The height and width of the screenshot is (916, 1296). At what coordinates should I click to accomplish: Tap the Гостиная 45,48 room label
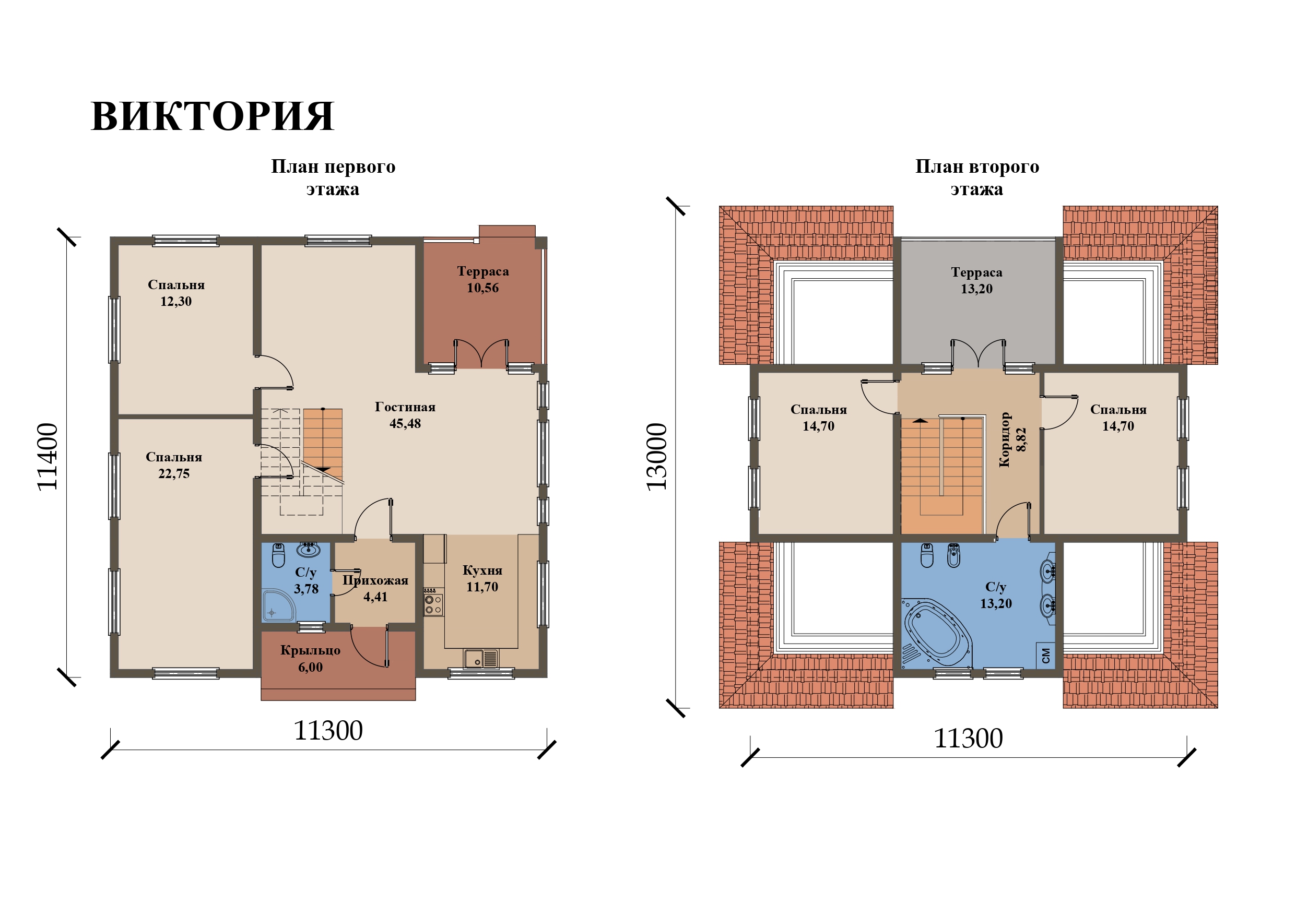pyautogui.click(x=405, y=415)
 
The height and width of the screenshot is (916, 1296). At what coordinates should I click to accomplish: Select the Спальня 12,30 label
pyautogui.click(x=176, y=292)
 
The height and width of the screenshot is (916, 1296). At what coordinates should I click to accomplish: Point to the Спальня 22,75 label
pyautogui.click(x=174, y=465)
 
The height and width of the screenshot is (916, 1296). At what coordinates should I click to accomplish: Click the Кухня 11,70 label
pyautogui.click(x=482, y=578)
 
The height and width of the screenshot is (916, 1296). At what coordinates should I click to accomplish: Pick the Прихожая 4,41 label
pyautogui.click(x=375, y=588)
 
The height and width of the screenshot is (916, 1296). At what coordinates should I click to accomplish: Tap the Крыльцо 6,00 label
pyautogui.click(x=311, y=658)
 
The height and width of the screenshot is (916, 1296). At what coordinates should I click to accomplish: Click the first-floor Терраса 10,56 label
pyautogui.click(x=482, y=279)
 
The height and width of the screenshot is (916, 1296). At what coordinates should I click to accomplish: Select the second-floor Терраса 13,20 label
pyautogui.click(x=976, y=280)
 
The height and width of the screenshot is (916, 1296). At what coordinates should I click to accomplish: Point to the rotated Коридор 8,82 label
pyautogui.click(x=1012, y=439)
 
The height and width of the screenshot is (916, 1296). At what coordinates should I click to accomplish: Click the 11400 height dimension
pyautogui.click(x=48, y=457)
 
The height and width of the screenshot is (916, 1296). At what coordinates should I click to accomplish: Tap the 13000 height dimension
pyautogui.click(x=656, y=457)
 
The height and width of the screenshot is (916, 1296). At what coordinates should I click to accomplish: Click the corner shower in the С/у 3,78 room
pyautogui.click(x=278, y=605)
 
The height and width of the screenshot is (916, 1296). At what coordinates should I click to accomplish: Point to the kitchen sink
pyautogui.click(x=481, y=658)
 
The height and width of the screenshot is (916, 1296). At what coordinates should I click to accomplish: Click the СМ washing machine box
pyautogui.click(x=1045, y=655)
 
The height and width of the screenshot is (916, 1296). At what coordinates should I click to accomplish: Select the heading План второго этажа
pyautogui.click(x=976, y=177)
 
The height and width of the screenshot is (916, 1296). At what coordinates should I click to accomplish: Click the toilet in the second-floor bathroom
pyautogui.click(x=927, y=555)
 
